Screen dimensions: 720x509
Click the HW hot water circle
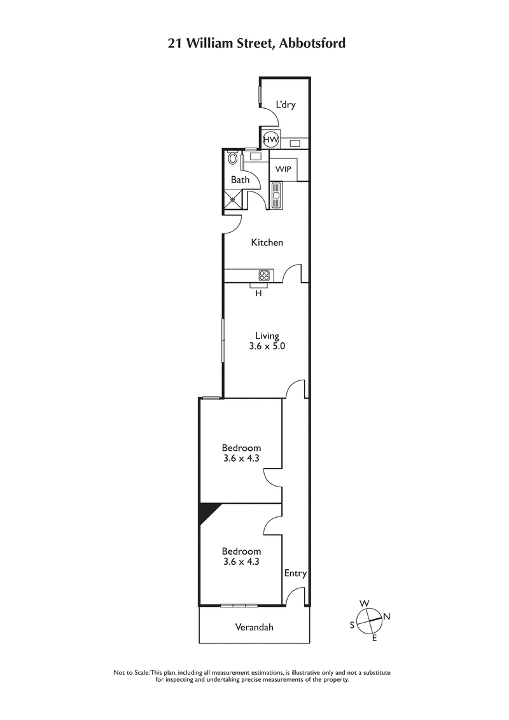point(270,139)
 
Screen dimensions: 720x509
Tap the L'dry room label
point(286,105)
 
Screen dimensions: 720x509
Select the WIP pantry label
point(283,170)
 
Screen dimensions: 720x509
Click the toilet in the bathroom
point(233,158)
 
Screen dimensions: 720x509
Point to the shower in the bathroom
point(234,199)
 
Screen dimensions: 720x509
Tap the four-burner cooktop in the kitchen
point(264,275)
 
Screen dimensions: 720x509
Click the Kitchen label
point(267,242)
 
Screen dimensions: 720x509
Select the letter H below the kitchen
point(258,293)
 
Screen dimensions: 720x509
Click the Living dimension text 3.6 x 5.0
point(267,347)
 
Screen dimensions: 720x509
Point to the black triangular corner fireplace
point(207,511)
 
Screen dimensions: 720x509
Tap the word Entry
point(295,573)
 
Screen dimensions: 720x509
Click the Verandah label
point(254,627)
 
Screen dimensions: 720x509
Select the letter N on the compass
point(387,616)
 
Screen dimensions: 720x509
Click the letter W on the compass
point(365,603)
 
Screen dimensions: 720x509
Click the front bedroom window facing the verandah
point(239,605)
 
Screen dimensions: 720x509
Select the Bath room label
point(240,180)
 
